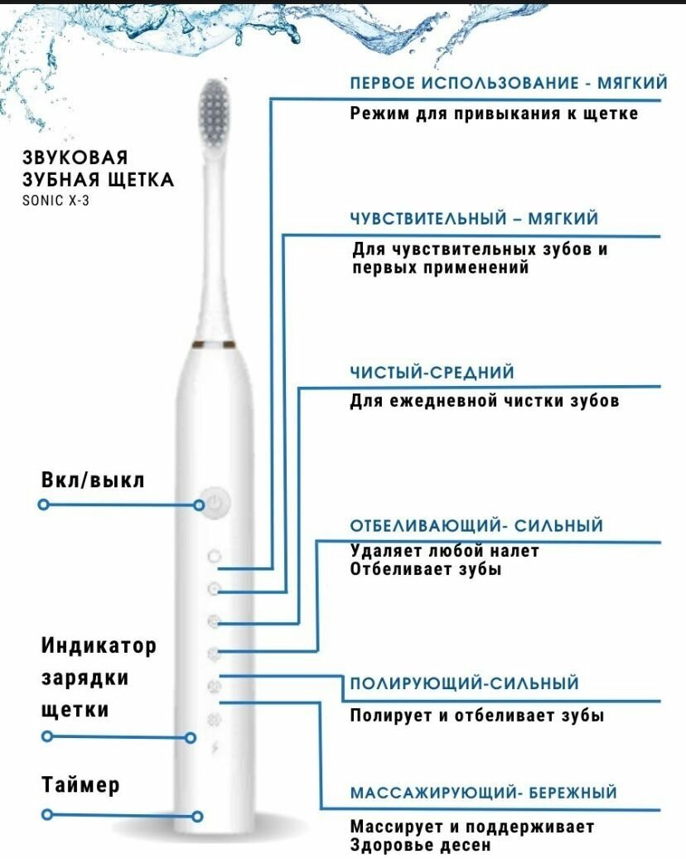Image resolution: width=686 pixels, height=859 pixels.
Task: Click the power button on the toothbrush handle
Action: pyautogui.click(x=214, y=503)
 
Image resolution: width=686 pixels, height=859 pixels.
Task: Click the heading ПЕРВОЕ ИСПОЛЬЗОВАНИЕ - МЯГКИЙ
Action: pyautogui.click(x=508, y=84)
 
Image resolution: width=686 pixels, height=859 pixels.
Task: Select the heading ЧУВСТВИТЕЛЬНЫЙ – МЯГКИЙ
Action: pyautogui.click(x=473, y=219)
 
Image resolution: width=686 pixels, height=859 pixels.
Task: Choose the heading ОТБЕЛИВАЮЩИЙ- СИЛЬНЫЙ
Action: pyautogui.click(x=476, y=526)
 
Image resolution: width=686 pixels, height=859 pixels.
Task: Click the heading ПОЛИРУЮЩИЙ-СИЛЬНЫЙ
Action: pyautogui.click(x=464, y=684)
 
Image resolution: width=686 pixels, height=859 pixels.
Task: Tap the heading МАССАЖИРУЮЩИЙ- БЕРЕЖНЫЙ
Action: pyautogui.click(x=483, y=793)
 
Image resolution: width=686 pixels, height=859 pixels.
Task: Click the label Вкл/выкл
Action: pyautogui.click(x=93, y=480)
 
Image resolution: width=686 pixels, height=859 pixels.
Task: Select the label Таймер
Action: pyautogui.click(x=80, y=784)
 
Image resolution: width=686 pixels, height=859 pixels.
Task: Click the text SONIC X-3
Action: pyautogui.click(x=56, y=200)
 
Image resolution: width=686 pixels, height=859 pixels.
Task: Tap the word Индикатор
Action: pyautogui.click(x=99, y=644)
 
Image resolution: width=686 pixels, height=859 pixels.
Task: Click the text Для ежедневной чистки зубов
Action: pyautogui.click(x=484, y=401)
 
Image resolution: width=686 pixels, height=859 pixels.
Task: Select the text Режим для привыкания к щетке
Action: pyautogui.click(x=494, y=113)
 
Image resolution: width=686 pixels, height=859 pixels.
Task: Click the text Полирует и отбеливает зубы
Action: pyautogui.click(x=476, y=716)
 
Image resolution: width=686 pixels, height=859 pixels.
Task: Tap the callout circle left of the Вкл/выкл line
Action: pyautogui.click(x=44, y=504)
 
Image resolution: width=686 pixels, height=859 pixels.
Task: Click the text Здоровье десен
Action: pyautogui.click(x=420, y=845)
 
